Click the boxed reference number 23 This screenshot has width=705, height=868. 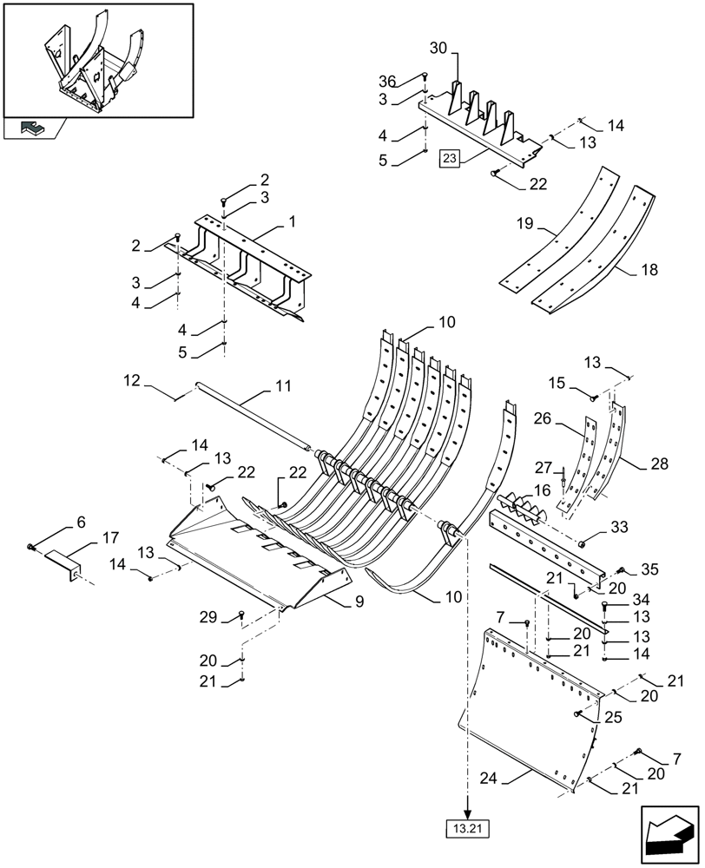(x=449, y=158)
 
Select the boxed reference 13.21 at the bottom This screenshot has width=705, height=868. (x=467, y=829)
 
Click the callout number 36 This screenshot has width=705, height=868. (x=387, y=82)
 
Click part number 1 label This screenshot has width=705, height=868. (x=293, y=222)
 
